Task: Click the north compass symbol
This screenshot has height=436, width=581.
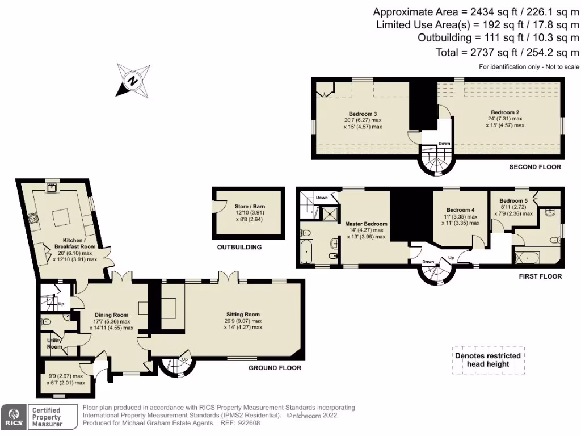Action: [133, 81]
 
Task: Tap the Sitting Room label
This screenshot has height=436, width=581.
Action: [243, 315]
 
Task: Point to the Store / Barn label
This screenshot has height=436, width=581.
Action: [250, 207]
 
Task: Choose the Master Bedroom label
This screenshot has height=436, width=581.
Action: [366, 224]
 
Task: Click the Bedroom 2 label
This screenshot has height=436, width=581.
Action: [505, 112]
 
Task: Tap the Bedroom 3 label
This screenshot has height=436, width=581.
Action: [363, 114]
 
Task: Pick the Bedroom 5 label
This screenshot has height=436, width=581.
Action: [513, 201]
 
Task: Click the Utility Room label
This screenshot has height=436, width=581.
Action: [54, 343]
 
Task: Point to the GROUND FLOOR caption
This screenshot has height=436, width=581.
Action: [275, 368]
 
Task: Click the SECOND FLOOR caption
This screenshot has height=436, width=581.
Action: [535, 167]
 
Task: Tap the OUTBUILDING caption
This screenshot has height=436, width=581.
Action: [239, 248]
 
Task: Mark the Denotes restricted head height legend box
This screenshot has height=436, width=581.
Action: [489, 360]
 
